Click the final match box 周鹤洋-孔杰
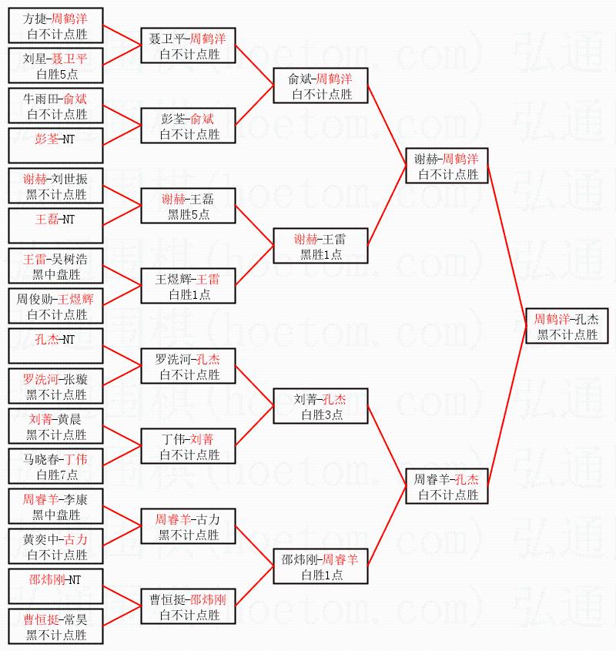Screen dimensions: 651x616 pyautogui.click(x=567, y=326)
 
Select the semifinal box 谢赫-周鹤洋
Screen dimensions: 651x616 pyautogui.click(x=447, y=166)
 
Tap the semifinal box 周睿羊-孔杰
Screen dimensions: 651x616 pyautogui.click(x=447, y=486)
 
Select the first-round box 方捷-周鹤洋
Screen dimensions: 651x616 pyautogui.click(x=55, y=25)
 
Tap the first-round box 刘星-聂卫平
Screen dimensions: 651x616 pyautogui.click(x=55, y=65)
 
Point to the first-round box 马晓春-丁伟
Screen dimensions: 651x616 pyautogui.click(x=55, y=466)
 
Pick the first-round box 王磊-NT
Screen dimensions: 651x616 pyautogui.click(x=55, y=226)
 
